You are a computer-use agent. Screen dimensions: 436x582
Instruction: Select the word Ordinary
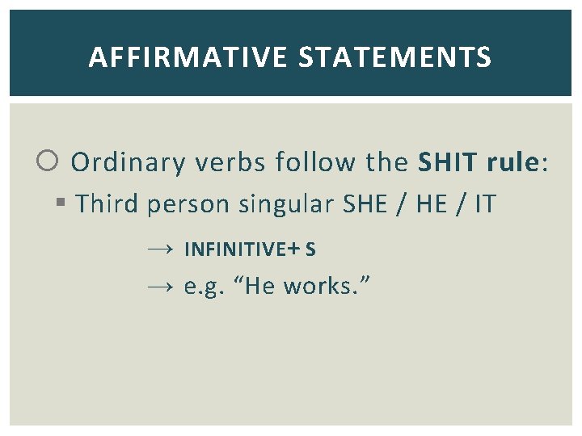click(129, 163)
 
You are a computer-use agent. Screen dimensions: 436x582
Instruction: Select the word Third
click(108, 204)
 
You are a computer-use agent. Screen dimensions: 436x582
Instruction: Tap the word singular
click(286, 205)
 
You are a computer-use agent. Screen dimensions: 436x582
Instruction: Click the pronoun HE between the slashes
click(430, 204)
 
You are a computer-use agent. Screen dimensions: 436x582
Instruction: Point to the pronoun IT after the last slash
click(485, 204)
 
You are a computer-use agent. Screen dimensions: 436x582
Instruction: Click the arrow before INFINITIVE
click(160, 249)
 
